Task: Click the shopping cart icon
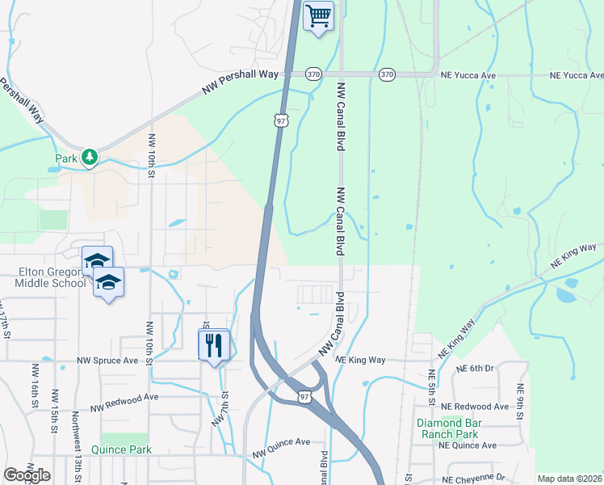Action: (318, 15)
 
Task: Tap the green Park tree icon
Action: (90, 157)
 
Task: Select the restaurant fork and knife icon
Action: (214, 345)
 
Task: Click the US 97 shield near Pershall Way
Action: (280, 120)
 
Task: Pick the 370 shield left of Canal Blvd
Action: (313, 74)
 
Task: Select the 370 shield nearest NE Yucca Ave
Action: (387, 74)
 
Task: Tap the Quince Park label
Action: (122, 449)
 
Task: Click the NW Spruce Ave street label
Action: (108, 360)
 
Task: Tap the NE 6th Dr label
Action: (472, 369)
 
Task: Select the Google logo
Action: (27, 475)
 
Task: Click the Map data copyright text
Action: (570, 479)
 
